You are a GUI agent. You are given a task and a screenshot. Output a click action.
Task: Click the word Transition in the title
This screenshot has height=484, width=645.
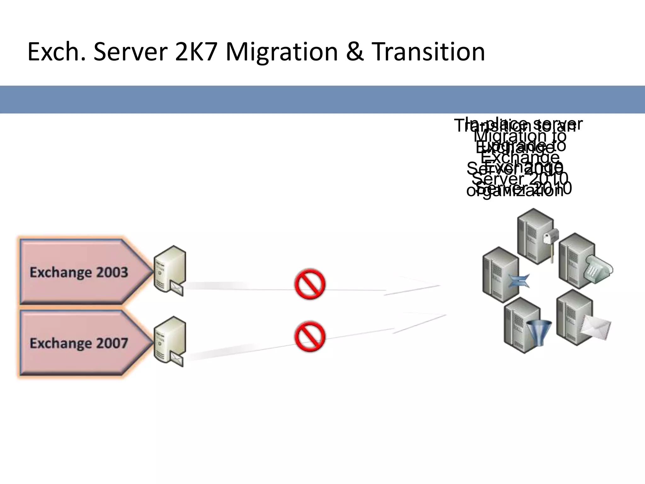pos(428,52)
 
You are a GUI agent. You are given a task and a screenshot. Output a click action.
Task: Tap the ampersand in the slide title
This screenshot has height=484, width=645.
pos(355,52)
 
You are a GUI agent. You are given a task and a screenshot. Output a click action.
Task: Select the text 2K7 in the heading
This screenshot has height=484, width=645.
pos(196,52)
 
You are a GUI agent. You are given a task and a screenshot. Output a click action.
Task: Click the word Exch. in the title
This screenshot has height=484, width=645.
pos(57,52)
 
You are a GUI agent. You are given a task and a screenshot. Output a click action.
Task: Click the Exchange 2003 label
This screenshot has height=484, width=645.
pos(79,272)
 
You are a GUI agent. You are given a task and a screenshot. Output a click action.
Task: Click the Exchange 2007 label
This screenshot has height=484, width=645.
pos(79,343)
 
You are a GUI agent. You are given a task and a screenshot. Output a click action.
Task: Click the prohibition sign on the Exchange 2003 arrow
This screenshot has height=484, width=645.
pos(310,284)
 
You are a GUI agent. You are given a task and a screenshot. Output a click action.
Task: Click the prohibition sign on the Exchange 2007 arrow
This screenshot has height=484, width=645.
pos(310,337)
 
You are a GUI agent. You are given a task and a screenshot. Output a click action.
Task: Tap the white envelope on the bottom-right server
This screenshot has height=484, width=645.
pos(595,328)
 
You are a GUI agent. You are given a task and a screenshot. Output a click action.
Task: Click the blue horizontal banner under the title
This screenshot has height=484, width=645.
pos(322,99)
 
